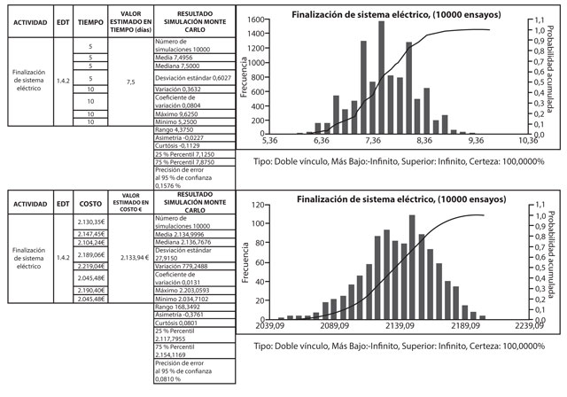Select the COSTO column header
click(x=90, y=202)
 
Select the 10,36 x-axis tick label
click(x=528, y=140)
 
